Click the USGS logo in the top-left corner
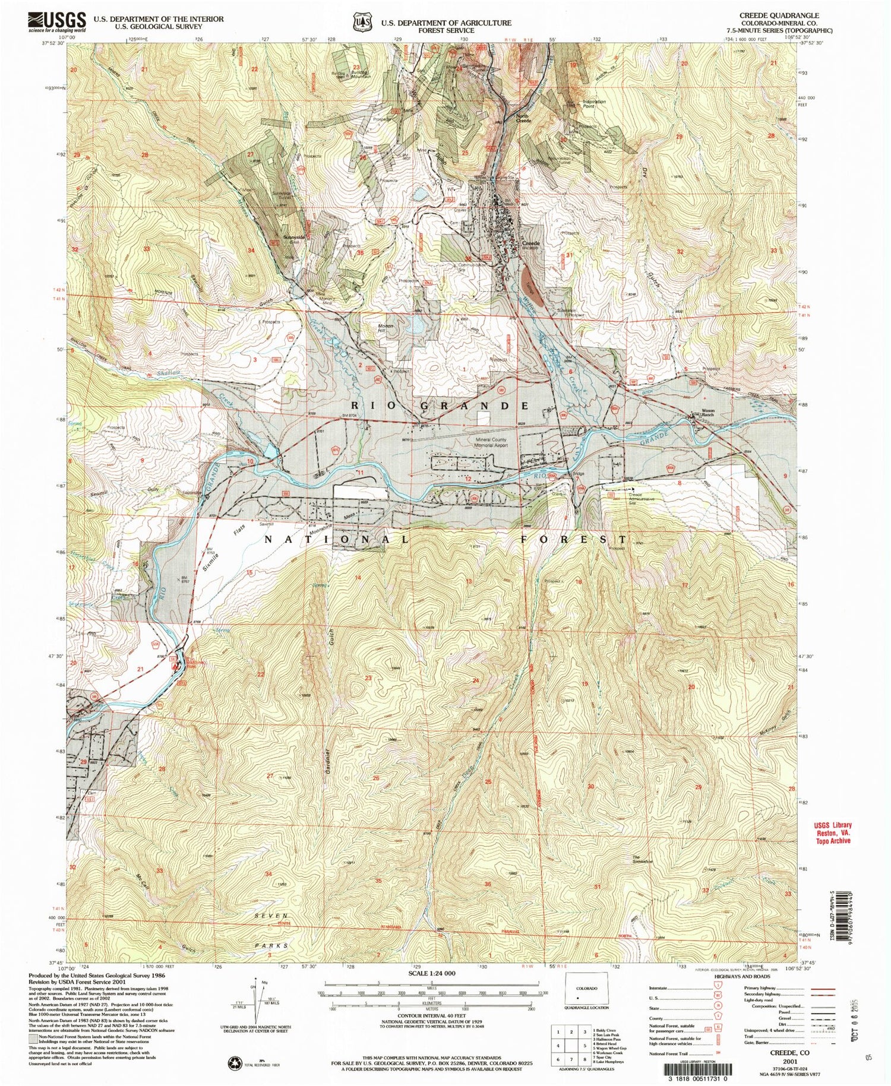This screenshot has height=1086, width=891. (x=56, y=22)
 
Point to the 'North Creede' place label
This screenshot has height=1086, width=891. (x=523, y=118)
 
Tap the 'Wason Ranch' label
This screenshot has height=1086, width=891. (x=708, y=413)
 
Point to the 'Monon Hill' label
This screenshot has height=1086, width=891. (x=386, y=328)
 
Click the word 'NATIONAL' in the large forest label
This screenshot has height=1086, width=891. (x=336, y=539)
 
